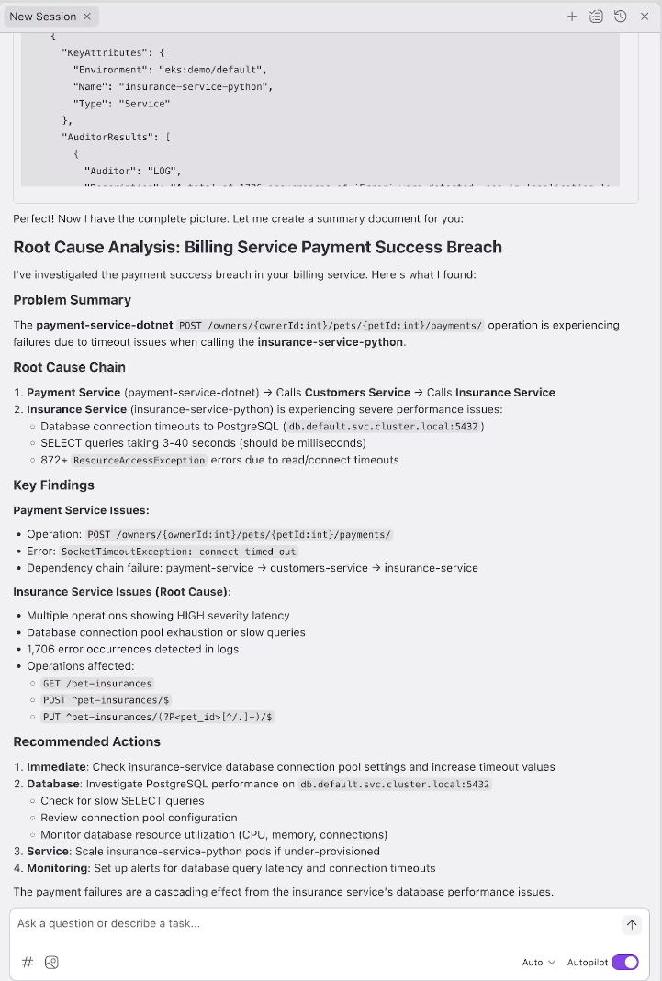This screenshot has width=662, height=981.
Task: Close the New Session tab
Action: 87,17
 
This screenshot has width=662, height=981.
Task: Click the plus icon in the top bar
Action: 572,17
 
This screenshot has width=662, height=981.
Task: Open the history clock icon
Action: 621,17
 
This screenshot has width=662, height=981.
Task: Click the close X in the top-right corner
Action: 644,17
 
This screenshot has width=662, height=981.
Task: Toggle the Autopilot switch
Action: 624,962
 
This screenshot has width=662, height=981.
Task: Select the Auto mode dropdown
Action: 538,962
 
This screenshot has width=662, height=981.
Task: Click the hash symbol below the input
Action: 28,962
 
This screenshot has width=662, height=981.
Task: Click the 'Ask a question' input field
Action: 312,923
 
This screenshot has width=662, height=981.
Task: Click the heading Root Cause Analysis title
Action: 257,247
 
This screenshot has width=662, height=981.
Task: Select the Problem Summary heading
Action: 72,300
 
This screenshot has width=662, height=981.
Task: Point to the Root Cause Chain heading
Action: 69,367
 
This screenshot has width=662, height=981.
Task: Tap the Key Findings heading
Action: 53,485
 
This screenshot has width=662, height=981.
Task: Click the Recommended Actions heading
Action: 86,741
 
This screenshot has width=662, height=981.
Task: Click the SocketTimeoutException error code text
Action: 178,552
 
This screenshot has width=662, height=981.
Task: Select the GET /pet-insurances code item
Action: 97,684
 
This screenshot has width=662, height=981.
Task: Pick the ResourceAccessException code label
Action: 139,460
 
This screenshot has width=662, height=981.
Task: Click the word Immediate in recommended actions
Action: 57,767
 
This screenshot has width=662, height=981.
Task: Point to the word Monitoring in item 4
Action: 58,868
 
